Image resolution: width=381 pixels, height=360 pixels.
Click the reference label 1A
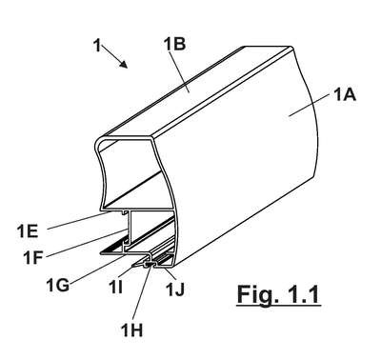(x=345, y=95)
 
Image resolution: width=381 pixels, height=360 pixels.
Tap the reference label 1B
(x=174, y=44)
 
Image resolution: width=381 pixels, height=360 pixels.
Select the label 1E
(x=28, y=231)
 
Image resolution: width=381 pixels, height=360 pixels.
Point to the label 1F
(x=32, y=257)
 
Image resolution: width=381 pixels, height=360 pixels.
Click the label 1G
(x=57, y=285)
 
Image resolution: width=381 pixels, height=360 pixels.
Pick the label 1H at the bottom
(x=131, y=330)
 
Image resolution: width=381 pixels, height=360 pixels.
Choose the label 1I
(x=115, y=288)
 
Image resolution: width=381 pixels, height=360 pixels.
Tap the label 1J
(x=175, y=290)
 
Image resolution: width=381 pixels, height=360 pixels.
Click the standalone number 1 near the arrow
(x=97, y=45)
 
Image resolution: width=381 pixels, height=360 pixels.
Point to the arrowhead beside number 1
(x=124, y=64)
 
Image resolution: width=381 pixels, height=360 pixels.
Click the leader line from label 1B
(x=179, y=71)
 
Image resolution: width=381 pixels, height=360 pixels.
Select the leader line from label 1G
(x=96, y=269)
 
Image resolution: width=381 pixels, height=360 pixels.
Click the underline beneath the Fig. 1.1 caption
(x=278, y=306)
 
